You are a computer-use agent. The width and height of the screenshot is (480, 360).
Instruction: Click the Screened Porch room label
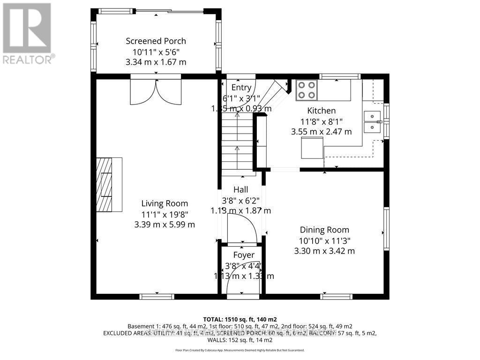[x=156, y=41]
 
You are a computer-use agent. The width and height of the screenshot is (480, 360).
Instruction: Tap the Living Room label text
[x=165, y=203]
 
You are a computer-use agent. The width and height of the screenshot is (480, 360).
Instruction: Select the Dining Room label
[x=324, y=230]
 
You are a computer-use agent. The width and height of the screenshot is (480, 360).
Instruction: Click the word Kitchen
[x=321, y=111]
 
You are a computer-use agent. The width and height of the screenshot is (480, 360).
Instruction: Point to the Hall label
[x=240, y=189]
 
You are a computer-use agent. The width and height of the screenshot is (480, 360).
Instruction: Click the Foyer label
[x=244, y=255]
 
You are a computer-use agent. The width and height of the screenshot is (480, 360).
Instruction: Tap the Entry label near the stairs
[x=241, y=87]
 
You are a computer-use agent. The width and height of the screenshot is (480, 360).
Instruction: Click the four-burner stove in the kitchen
[x=307, y=90]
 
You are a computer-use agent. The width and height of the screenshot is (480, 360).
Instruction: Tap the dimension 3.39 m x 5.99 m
[x=165, y=225]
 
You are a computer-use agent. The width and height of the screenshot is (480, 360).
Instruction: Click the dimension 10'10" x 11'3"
[x=324, y=240]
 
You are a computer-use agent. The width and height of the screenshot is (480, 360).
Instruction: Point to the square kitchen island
[x=312, y=148]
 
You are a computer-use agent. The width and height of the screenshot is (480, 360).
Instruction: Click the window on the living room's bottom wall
[x=157, y=296]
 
